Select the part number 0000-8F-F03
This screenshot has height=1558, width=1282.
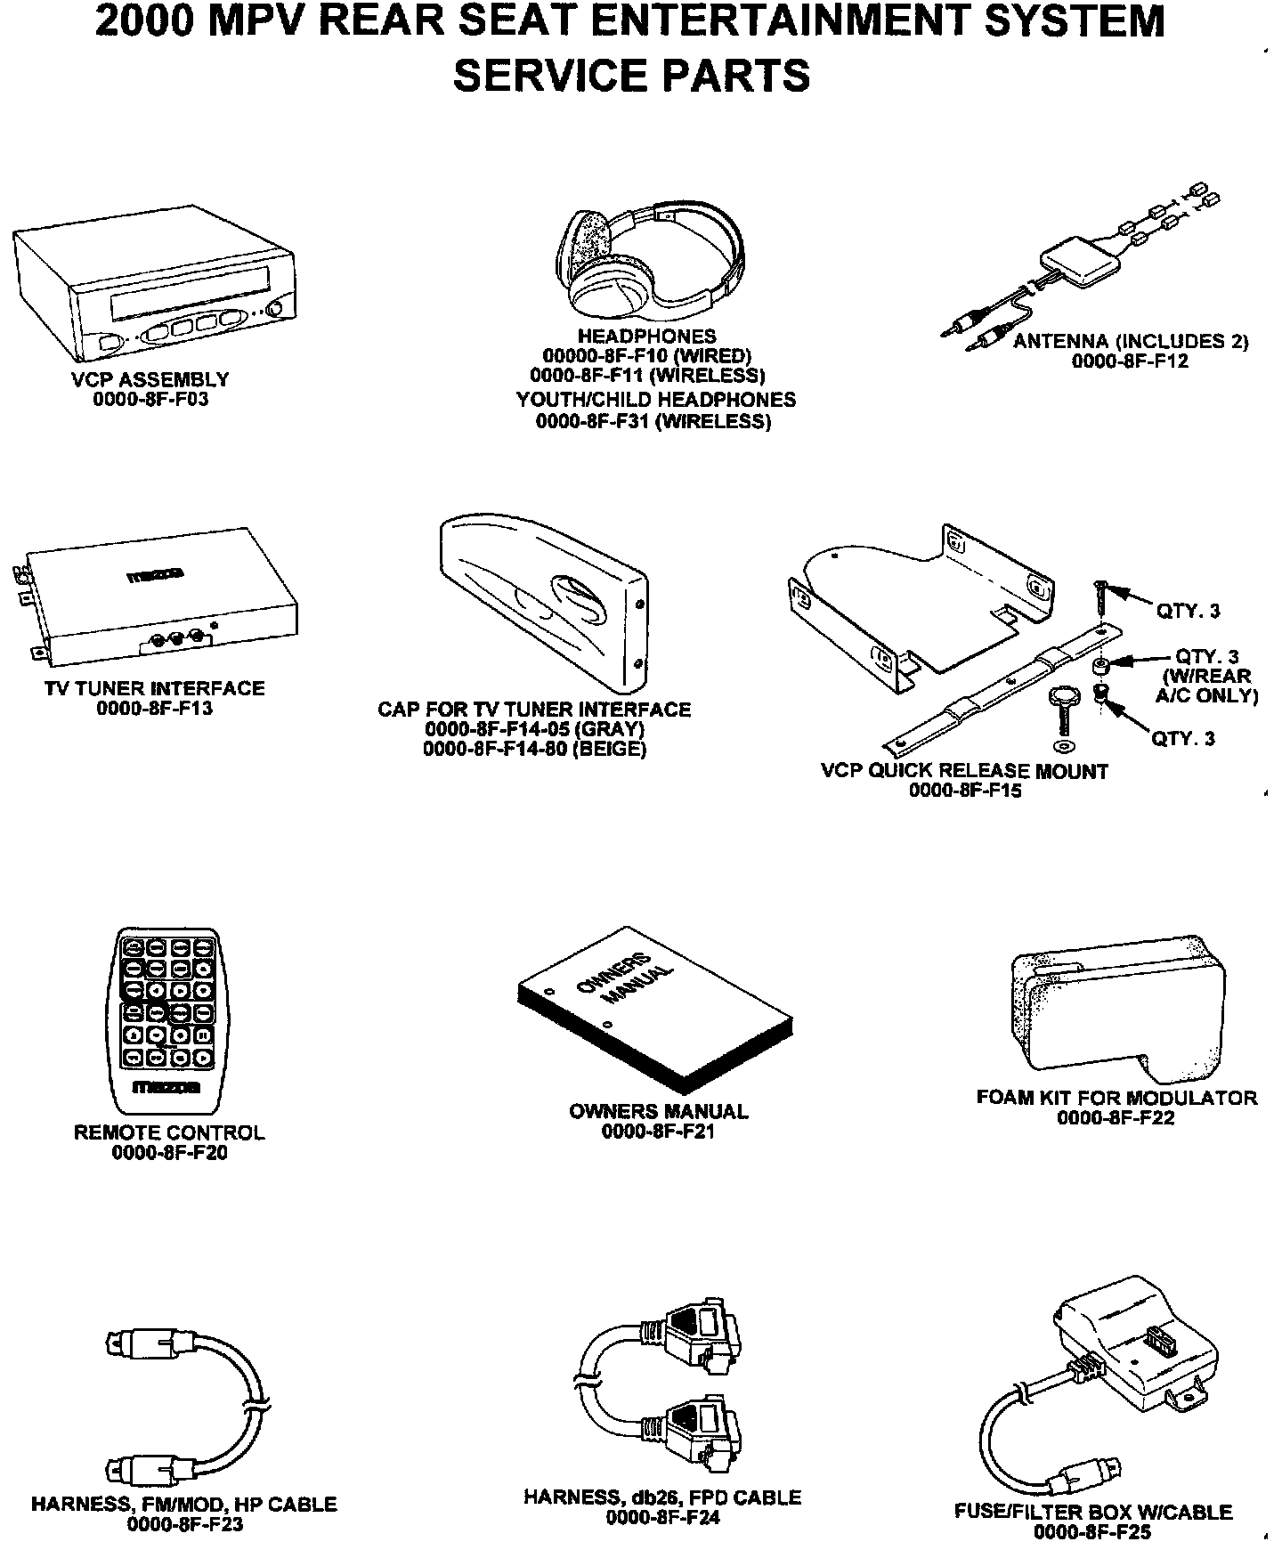click(150, 399)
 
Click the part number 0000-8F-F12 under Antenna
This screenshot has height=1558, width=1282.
click(1130, 361)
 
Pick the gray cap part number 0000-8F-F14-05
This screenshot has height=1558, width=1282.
click(534, 728)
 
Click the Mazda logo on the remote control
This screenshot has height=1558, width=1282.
click(167, 1087)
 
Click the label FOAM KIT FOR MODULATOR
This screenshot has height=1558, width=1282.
click(1116, 1097)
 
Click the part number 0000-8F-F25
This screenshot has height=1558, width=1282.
click(1092, 1532)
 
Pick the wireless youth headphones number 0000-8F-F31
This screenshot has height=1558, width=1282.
click(653, 421)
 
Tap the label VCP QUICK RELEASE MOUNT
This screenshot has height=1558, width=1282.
click(964, 771)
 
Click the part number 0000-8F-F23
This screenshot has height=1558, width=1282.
click(184, 1524)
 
